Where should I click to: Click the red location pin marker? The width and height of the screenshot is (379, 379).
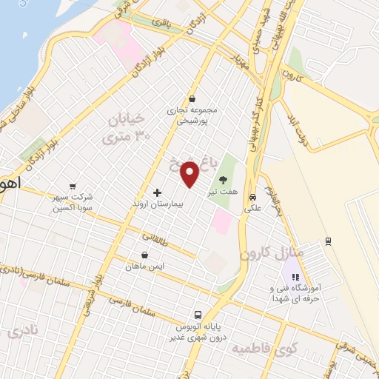click(190, 174)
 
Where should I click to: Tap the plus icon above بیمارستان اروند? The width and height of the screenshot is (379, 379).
click(156, 192)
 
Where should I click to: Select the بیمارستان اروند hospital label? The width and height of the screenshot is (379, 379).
click(156, 203)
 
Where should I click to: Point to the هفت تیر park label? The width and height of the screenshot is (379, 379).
click(222, 191)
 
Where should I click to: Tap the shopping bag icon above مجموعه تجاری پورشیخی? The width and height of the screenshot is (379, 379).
click(192, 98)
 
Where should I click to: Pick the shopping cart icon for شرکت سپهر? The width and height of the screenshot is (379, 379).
click(73, 186)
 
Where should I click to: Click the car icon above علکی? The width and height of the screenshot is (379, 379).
click(253, 198)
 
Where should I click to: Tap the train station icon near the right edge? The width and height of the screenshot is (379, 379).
click(328, 241)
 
